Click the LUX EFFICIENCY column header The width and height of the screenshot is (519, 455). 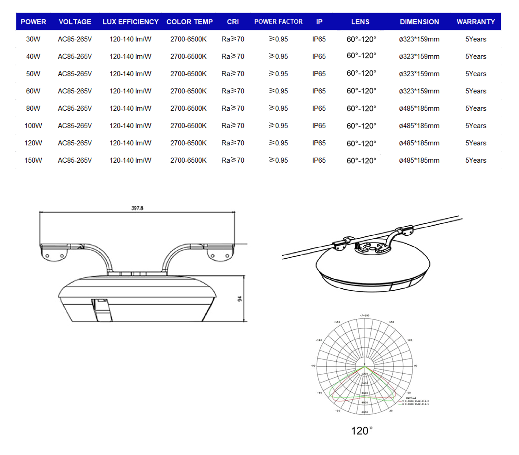click(x=130, y=22)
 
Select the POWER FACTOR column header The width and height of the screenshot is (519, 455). click(x=278, y=22)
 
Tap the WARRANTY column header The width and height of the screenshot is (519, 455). click(x=475, y=22)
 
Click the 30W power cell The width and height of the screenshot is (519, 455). click(x=33, y=39)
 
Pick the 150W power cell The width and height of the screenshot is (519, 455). click(x=33, y=160)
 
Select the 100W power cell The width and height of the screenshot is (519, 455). click(x=33, y=126)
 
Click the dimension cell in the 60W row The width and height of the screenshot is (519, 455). click(x=419, y=91)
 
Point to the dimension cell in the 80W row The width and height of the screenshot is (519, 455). click(x=419, y=108)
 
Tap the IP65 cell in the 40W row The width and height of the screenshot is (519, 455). click(x=319, y=56)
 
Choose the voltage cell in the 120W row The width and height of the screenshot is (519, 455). click(x=75, y=143)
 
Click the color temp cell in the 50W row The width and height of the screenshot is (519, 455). click(x=188, y=74)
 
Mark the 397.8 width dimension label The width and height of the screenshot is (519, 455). click(x=137, y=208)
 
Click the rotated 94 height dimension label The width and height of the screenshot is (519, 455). click(x=240, y=299)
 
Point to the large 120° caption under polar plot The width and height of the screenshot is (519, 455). click(x=362, y=431)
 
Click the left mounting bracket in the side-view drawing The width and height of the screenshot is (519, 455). click(x=54, y=253)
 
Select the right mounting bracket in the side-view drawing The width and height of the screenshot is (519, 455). click(x=220, y=253)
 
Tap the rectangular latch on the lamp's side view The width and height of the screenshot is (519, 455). click(x=101, y=310)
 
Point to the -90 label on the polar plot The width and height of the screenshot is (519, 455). click(x=313, y=366)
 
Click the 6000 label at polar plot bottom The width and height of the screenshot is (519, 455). click(x=365, y=412)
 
